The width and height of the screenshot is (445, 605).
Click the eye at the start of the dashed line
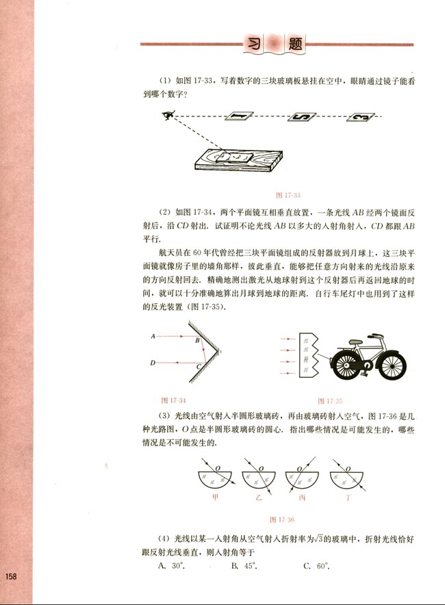[166, 116]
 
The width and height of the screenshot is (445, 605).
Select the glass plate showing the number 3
[361, 118]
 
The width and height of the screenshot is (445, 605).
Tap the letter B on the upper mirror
[196, 340]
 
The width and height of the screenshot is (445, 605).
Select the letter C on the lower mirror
[197, 368]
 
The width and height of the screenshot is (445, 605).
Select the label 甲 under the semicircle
[216, 498]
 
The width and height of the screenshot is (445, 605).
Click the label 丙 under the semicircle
[302, 498]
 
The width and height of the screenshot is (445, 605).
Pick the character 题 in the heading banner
[296, 44]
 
